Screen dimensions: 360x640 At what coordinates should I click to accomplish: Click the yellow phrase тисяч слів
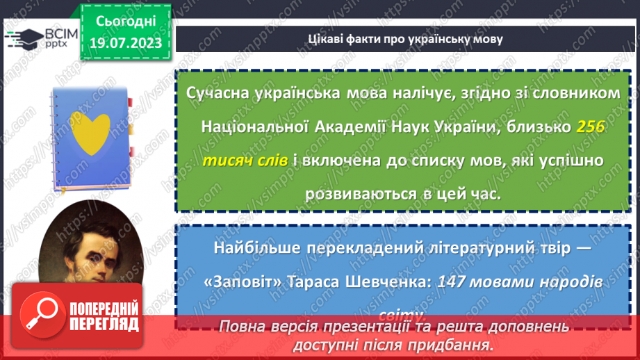pyautogui.click(x=243, y=161)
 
